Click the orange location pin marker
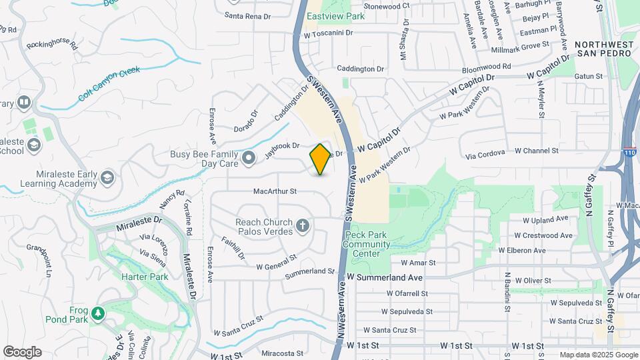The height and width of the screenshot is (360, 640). (320, 159)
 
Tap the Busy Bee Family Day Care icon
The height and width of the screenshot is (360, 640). (249, 158)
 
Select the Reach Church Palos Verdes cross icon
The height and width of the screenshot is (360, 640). (303, 226)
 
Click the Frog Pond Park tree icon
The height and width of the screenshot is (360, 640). (98, 313)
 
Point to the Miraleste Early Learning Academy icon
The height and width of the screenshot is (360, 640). (108, 178)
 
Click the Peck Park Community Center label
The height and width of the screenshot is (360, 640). (366, 244)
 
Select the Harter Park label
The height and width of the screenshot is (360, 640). (145, 277)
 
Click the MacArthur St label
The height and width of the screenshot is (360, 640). (274, 191)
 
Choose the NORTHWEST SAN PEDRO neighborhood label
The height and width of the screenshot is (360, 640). (603, 49)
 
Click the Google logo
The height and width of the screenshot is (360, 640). (22, 352)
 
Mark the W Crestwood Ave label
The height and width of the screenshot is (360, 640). (543, 235)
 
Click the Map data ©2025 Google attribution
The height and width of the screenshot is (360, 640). (598, 355)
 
